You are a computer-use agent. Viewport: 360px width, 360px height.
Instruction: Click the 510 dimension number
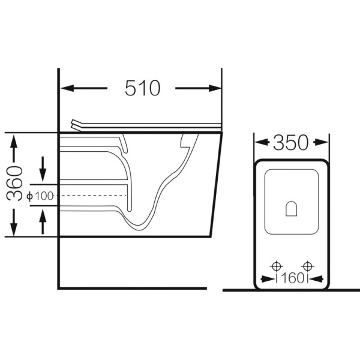(x=142, y=88)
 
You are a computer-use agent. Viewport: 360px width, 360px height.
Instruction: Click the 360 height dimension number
(x=14, y=184)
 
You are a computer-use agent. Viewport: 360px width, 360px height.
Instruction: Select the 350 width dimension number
(x=290, y=143)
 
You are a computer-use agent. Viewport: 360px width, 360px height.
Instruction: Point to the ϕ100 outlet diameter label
(x=40, y=196)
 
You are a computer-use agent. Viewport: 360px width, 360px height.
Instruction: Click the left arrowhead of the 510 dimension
(x=67, y=88)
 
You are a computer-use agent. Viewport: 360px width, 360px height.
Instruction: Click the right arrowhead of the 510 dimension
(x=215, y=88)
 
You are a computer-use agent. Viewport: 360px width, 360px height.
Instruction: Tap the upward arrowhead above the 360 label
(x=14, y=142)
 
